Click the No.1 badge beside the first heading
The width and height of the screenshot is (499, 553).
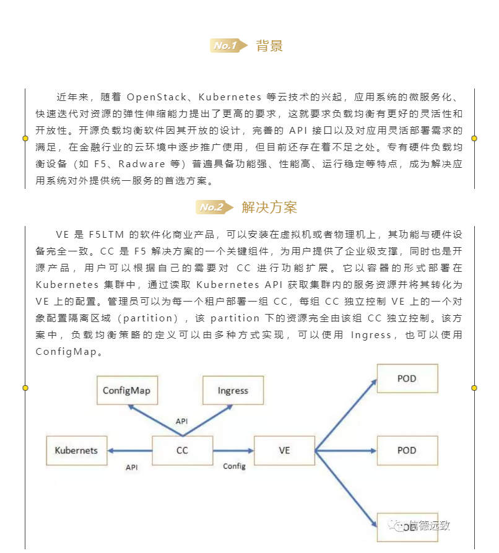[225, 45]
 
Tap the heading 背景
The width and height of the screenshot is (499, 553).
[269, 46]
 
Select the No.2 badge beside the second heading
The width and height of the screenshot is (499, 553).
[212, 207]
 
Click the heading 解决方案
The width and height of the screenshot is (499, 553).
[269, 207]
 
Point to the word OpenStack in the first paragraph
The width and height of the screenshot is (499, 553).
[153, 98]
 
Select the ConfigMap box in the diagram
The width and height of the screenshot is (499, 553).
[126, 391]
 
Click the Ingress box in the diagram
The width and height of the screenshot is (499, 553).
[233, 391]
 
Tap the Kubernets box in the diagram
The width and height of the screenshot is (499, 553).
[76, 450]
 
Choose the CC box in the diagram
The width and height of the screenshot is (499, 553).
[182, 450]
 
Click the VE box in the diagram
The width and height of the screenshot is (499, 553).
[284, 450]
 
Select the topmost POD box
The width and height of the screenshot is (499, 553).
[407, 378]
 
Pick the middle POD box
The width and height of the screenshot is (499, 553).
[407, 450]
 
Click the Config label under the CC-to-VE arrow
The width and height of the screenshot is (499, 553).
[234, 466]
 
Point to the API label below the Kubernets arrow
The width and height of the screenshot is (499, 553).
[131, 468]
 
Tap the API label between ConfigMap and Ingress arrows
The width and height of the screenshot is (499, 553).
[181, 422]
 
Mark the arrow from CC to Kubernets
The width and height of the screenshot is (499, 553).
[129, 451]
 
